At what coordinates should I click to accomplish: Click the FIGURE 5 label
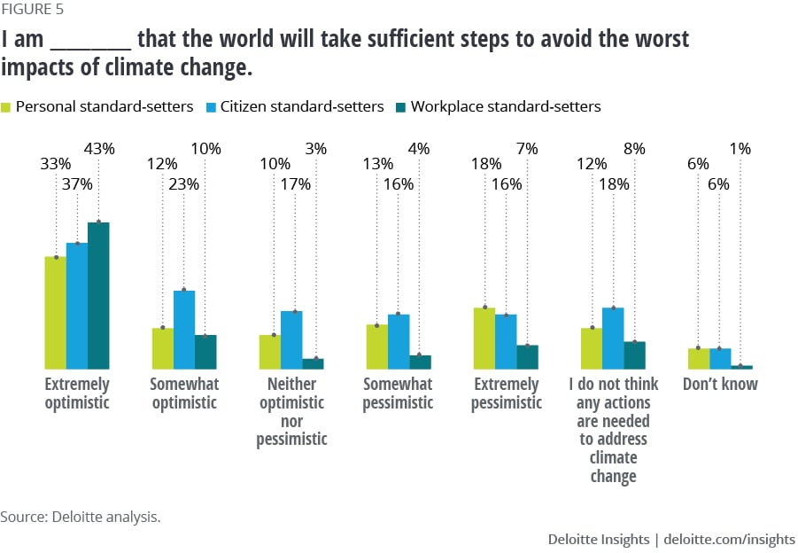tap(32, 11)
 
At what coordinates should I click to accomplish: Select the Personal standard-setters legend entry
tap(104, 106)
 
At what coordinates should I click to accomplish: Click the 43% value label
tap(99, 150)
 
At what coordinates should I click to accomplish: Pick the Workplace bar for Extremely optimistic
tap(98, 295)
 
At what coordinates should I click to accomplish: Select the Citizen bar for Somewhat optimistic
tap(184, 329)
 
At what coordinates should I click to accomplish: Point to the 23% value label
tap(183, 184)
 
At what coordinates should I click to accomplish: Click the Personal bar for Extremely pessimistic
tap(484, 338)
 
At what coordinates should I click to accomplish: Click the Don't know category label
tap(720, 385)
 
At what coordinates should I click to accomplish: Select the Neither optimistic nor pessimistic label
tap(291, 411)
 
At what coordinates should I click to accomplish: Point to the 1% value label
tap(740, 150)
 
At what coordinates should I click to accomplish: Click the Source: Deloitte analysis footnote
tap(81, 517)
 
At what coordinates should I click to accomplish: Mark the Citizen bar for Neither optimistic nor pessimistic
tap(291, 339)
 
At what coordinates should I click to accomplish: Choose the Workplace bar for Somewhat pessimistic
tap(420, 362)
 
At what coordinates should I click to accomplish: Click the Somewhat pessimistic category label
tap(399, 393)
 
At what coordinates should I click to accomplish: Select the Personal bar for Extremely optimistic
tap(56, 312)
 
